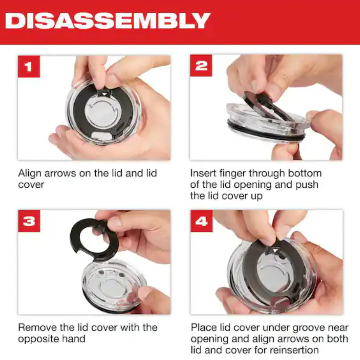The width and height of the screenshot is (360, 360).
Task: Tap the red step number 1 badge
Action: (x=29, y=66)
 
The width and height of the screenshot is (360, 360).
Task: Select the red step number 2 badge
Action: (x=201, y=65)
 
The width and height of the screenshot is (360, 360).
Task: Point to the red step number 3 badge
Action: (x=29, y=221)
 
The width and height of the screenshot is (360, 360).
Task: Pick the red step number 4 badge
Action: (x=202, y=221)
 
